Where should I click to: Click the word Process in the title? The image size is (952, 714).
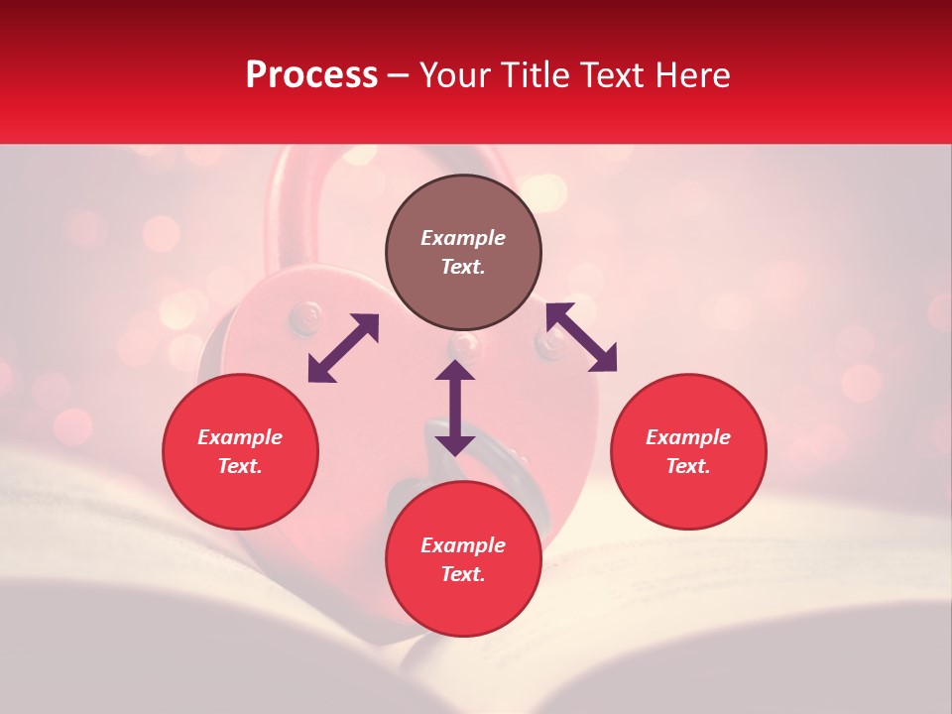pos(311,75)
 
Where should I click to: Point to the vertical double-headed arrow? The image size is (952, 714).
pos(455,408)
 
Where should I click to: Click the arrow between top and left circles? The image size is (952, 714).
pos(343,348)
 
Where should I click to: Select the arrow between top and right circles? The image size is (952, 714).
pos(581,337)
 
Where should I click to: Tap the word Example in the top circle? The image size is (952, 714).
pos(463,238)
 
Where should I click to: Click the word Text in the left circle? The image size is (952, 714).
pos(240,466)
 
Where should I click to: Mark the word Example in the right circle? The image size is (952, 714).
pos(688,437)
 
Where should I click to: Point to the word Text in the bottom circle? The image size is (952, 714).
pos(463,574)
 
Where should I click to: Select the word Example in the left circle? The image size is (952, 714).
pos(240,437)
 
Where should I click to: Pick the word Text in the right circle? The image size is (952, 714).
pos(688,466)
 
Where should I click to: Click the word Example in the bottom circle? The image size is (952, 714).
pos(463,545)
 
